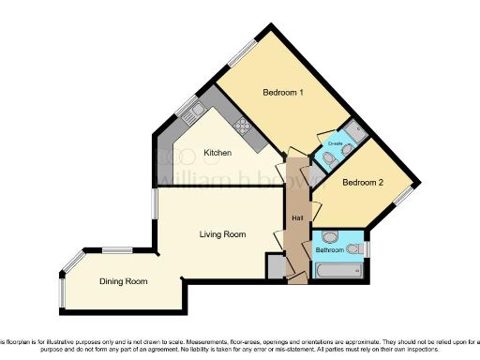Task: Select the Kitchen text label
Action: pyautogui.click(x=218, y=153)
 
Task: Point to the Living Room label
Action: pyautogui.click(x=222, y=234)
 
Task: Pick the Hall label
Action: pyautogui.click(x=297, y=218)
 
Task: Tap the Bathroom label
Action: pyautogui.click(x=329, y=251)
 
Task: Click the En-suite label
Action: pyautogui.click(x=334, y=143)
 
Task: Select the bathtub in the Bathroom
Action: pyautogui.click(x=338, y=271)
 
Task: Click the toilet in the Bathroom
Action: pyautogui.click(x=354, y=249)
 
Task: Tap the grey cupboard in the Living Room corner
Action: pyautogui.click(x=275, y=267)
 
